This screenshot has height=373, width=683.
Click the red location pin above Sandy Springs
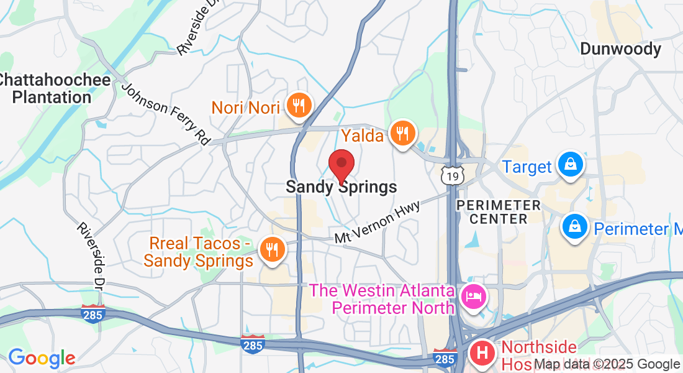341,165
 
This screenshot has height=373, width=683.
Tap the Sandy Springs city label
341,186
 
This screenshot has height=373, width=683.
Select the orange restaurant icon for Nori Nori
299,106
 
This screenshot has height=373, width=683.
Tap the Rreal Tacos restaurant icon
271,249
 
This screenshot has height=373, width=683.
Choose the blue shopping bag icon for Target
569,165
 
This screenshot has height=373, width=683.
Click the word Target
527,167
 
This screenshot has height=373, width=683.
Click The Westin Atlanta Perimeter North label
381,298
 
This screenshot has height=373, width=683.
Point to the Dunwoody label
620,48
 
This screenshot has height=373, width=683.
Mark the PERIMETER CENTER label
499,211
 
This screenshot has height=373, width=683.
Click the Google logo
42,358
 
